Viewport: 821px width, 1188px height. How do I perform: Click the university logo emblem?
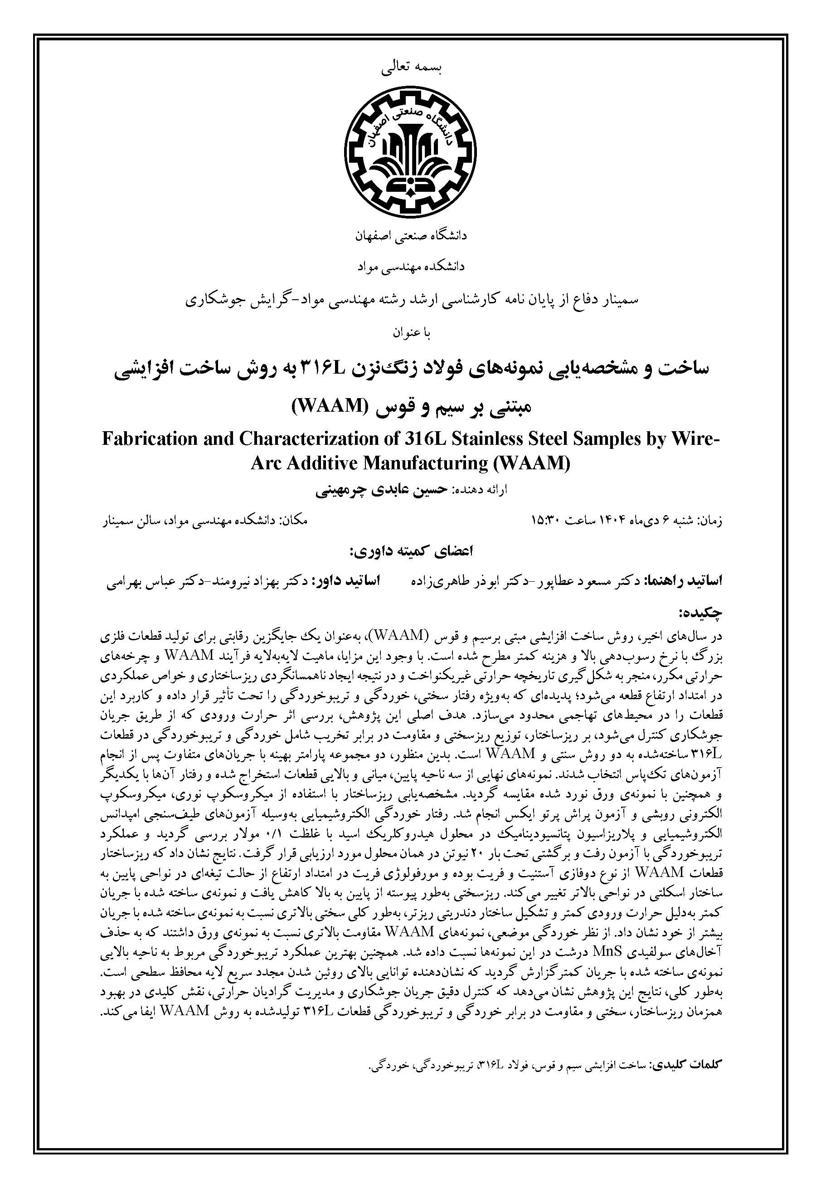410,146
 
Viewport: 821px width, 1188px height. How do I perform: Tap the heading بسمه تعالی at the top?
410,68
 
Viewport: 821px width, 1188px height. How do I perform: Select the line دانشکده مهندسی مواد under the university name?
410,266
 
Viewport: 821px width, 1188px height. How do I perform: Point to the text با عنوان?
410,333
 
